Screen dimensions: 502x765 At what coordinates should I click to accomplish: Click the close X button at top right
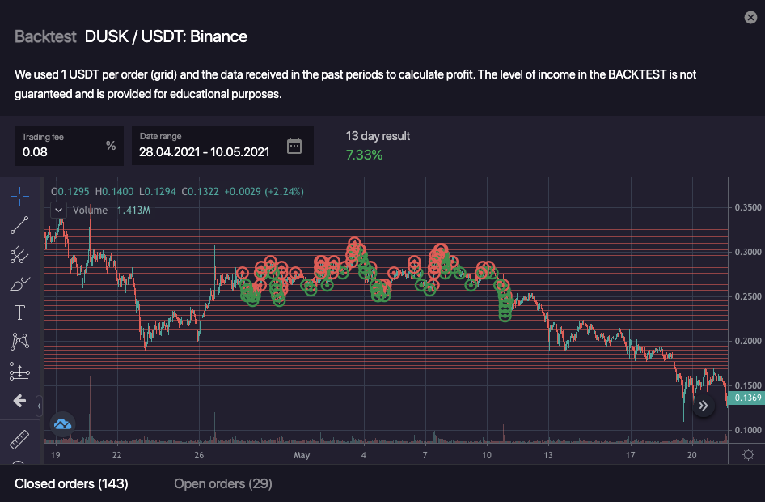pos(750,17)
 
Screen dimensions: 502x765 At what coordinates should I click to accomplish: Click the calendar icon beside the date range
pos(294,146)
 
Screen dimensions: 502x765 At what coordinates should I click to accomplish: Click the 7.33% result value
pos(364,155)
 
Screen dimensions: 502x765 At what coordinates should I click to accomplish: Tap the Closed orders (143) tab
pos(71,483)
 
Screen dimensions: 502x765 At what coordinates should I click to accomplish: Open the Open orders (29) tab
pos(223,483)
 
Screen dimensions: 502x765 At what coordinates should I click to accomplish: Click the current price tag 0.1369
pos(745,398)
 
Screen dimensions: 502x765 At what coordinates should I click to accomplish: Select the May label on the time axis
pos(302,456)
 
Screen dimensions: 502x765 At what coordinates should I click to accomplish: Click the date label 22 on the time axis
pos(117,456)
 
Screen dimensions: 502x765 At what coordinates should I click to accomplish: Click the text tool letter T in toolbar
pos(19,312)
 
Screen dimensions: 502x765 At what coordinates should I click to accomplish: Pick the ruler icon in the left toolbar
pos(19,440)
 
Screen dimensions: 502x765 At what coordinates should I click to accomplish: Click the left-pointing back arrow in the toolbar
pos(19,401)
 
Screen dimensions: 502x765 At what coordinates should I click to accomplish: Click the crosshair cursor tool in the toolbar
pos(19,195)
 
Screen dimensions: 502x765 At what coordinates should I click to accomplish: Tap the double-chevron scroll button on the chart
pos(704,406)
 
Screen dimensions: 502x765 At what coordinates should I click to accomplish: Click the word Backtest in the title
pos(45,36)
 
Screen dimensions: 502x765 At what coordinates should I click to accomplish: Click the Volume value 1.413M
pos(133,211)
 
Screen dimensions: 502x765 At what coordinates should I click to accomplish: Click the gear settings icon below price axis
pos(749,454)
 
